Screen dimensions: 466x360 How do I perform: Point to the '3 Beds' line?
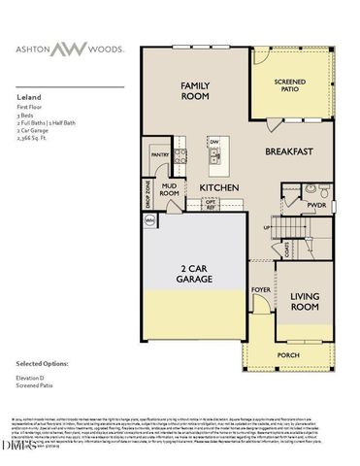point(28,116)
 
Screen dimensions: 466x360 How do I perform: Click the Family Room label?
point(195,91)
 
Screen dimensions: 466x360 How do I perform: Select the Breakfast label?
point(289,151)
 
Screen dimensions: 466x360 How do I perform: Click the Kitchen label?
point(218,187)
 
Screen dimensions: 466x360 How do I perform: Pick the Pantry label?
point(160,152)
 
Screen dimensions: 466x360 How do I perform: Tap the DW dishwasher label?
point(215,141)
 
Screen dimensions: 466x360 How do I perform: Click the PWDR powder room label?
point(315,206)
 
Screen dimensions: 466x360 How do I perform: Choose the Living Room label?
point(305,301)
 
